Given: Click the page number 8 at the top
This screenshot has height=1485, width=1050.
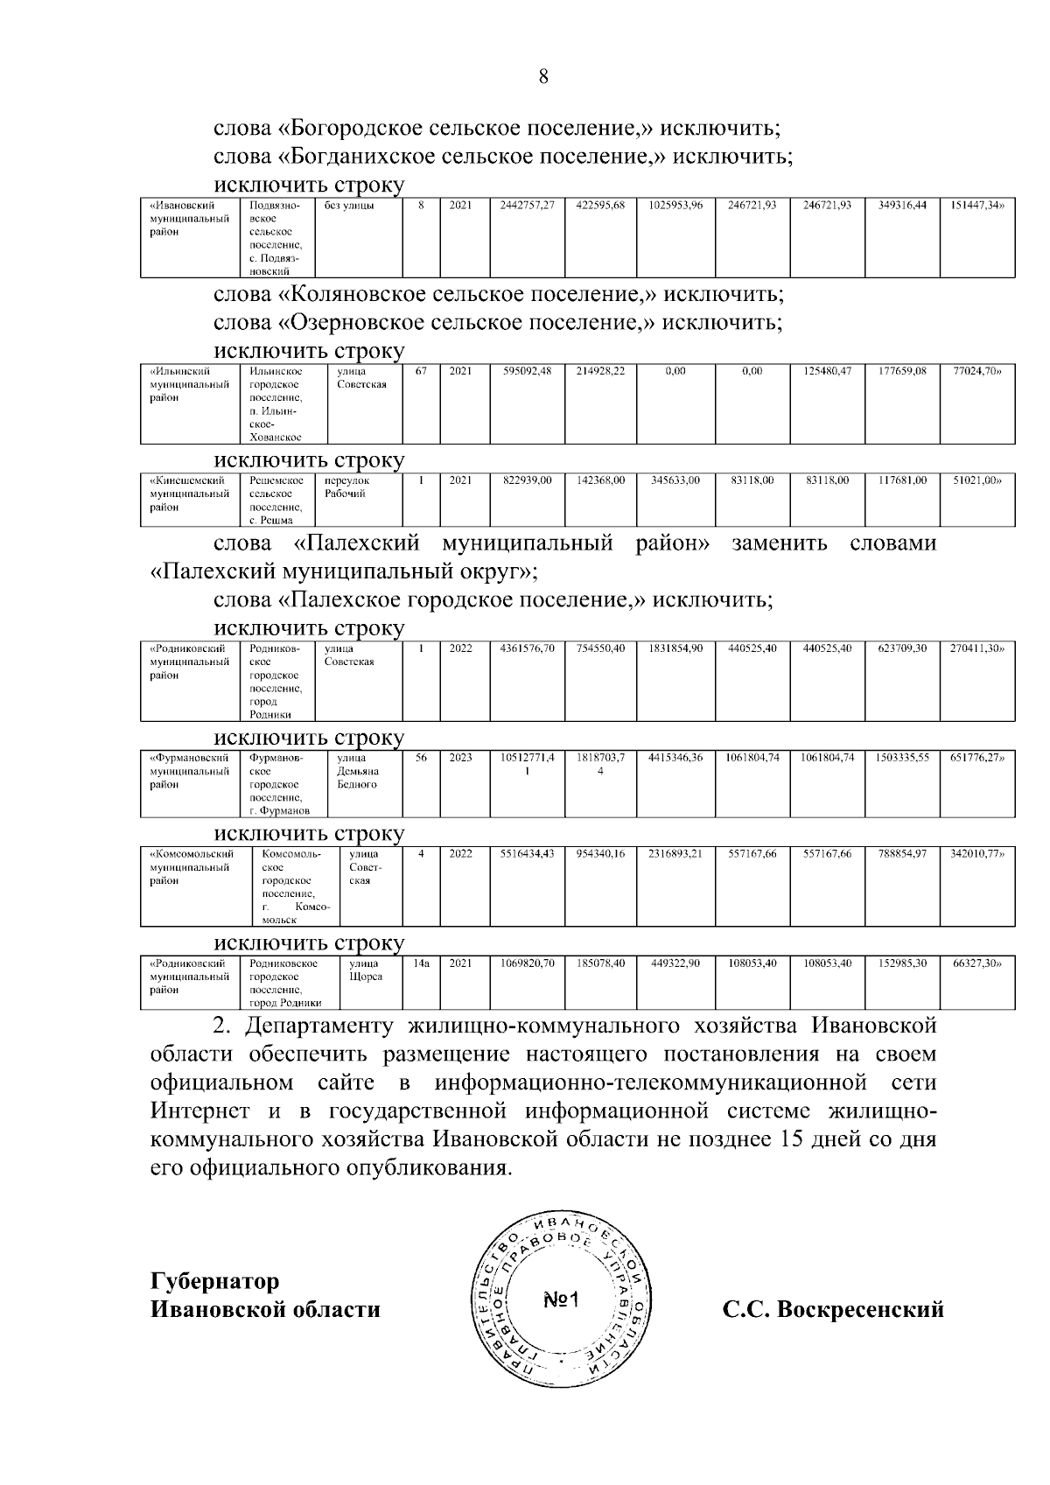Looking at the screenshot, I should pyautogui.click(x=542, y=77).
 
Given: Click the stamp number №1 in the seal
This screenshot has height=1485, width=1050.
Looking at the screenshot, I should pyautogui.click(x=562, y=1300).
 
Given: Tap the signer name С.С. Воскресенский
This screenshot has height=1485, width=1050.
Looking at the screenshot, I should pyautogui.click(x=832, y=1310).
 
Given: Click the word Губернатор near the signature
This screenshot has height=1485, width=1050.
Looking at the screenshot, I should pyautogui.click(x=215, y=1281).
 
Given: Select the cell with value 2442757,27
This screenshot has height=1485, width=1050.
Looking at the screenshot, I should pyautogui.click(x=527, y=206).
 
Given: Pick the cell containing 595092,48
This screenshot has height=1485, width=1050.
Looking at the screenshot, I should pyautogui.click(x=527, y=372).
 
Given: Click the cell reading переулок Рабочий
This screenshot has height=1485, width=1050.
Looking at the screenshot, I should pyautogui.click(x=346, y=487).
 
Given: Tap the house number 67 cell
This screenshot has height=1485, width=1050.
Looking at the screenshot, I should pyautogui.click(x=421, y=372).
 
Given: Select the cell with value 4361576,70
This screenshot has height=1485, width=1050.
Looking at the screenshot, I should pyautogui.click(x=527, y=649).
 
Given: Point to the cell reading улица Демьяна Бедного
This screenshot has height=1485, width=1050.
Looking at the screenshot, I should pyautogui.click(x=357, y=771).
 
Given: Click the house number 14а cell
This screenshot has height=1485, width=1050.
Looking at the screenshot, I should pyautogui.click(x=421, y=963).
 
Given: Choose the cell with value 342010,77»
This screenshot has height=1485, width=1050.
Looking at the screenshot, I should pyautogui.click(x=976, y=854).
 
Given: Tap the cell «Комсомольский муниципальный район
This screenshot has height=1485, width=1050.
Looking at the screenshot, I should pyautogui.click(x=190, y=866).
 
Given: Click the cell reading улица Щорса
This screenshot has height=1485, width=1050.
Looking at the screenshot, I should pyautogui.click(x=365, y=970).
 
